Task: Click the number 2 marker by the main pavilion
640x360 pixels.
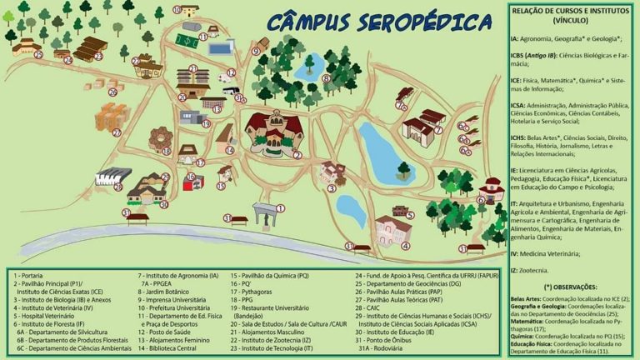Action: [x=297, y=154]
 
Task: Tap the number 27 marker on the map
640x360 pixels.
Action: [x=117, y=132]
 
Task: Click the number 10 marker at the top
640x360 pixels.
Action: [x=177, y=11]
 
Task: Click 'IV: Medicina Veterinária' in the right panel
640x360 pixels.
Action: [x=557, y=252]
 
